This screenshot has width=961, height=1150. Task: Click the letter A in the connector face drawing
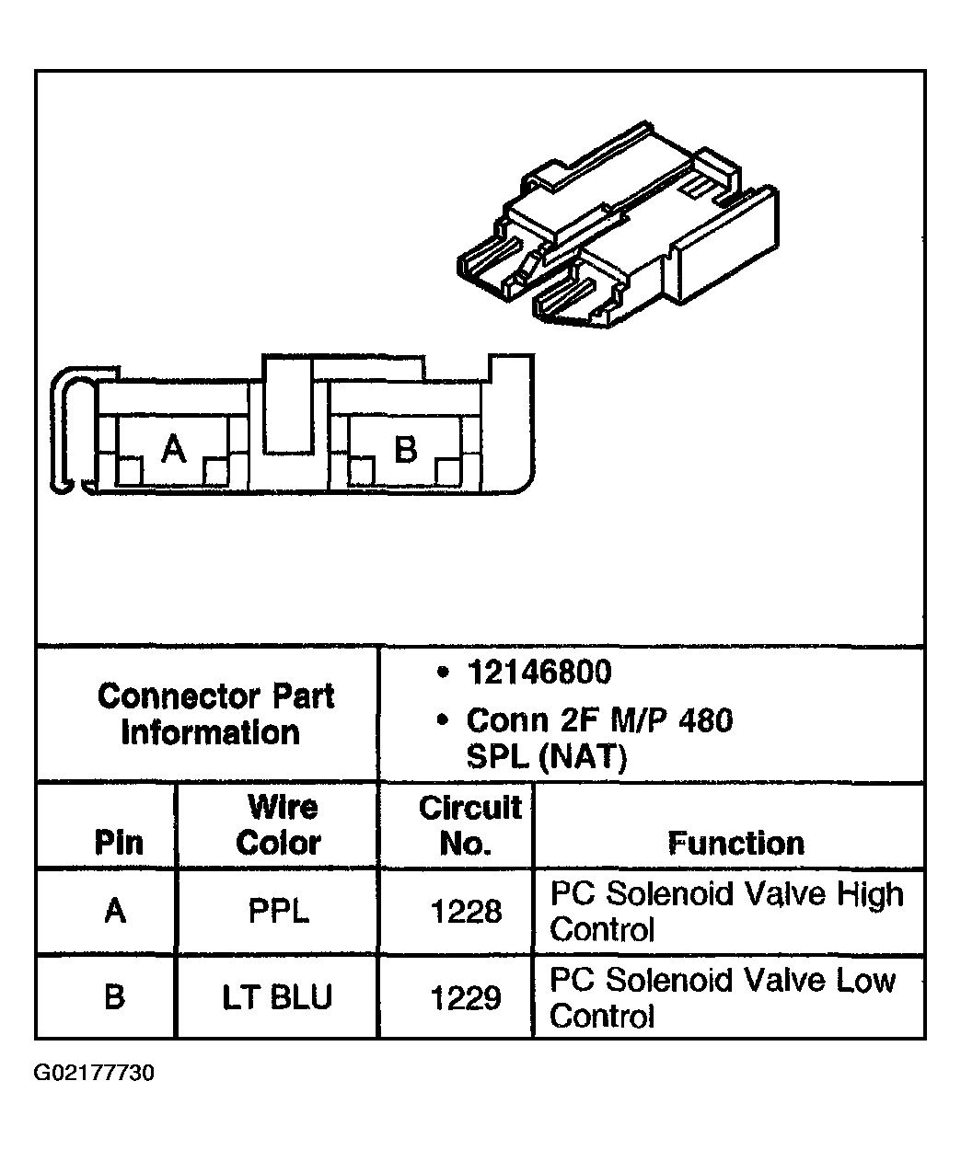tap(174, 448)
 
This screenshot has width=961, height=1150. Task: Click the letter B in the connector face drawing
tap(406, 449)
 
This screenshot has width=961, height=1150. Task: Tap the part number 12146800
tap(539, 672)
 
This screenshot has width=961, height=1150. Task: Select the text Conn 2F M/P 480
tap(599, 719)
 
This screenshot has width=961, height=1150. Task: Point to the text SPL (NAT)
tap(547, 756)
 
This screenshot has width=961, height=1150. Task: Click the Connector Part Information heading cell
tap(215, 714)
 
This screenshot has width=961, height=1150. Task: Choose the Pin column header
tap(119, 842)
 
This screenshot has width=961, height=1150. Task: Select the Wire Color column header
tap(279, 824)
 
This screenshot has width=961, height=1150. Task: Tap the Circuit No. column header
tap(469, 824)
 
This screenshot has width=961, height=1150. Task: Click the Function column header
tap(736, 843)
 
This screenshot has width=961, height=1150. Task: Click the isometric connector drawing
tap(618, 224)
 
